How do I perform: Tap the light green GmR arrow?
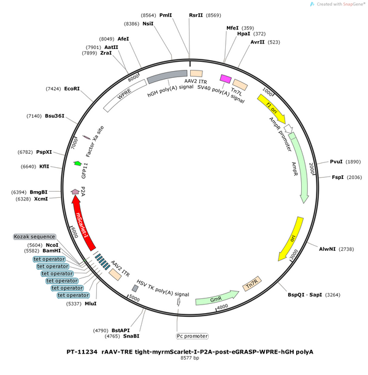click(x=217, y=298)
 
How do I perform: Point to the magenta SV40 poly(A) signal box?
click(x=226, y=78)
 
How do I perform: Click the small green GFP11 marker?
click(x=77, y=164)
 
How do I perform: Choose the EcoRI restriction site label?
click(x=72, y=89)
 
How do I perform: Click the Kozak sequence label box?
click(x=34, y=237)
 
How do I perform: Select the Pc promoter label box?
click(x=192, y=336)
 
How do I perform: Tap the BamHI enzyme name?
click(x=52, y=251)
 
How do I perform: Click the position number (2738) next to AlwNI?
click(x=346, y=249)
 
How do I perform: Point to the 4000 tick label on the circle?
click(x=223, y=306)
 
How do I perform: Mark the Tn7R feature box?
click(x=252, y=284)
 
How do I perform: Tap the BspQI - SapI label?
click(x=305, y=295)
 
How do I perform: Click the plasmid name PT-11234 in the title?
click(x=82, y=352)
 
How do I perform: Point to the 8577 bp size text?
click(x=190, y=358)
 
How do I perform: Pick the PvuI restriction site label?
click(x=336, y=162)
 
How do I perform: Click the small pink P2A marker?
click(x=75, y=192)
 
